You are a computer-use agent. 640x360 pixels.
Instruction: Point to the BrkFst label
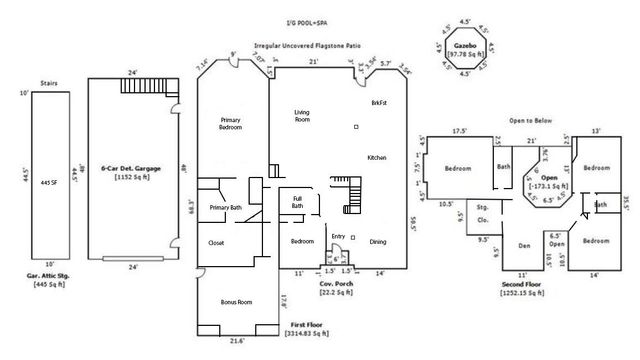[379, 104]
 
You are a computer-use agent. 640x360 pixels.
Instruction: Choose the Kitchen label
[376, 158]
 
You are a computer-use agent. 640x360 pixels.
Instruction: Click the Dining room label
[379, 242]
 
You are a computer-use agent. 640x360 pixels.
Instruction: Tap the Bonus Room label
[236, 301]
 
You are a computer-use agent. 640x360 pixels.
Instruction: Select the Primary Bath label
[227, 207]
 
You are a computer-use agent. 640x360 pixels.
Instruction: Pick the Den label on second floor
[522, 245]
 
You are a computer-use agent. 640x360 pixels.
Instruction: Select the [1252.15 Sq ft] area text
[523, 291]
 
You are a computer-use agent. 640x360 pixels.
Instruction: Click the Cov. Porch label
[332, 284]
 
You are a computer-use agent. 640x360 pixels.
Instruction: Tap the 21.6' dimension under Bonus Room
[236, 342]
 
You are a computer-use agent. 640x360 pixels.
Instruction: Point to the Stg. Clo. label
[483, 214]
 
